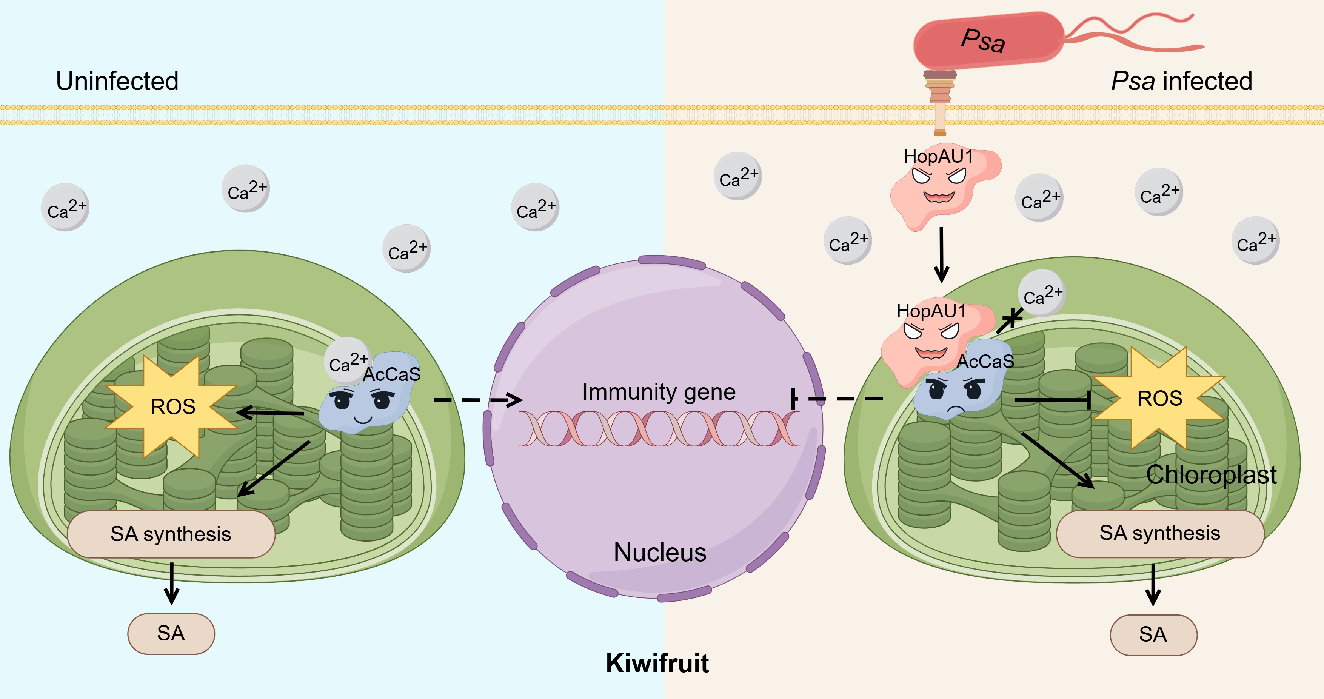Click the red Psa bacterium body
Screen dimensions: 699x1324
(x=987, y=41)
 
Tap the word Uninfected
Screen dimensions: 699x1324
(x=117, y=81)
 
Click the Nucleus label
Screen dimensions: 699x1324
(x=660, y=553)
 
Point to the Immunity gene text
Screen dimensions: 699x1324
(x=658, y=392)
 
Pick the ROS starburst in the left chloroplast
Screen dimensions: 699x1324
(x=172, y=406)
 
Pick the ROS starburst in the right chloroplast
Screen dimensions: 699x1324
(x=1159, y=398)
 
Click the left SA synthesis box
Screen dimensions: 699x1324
(x=171, y=534)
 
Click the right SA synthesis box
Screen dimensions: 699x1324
(x=1159, y=534)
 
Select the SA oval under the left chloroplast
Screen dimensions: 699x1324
(x=171, y=633)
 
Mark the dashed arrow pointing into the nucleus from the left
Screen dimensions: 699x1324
(x=478, y=399)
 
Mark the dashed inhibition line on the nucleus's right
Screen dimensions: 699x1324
(x=838, y=398)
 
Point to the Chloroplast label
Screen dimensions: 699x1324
(x=1211, y=474)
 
